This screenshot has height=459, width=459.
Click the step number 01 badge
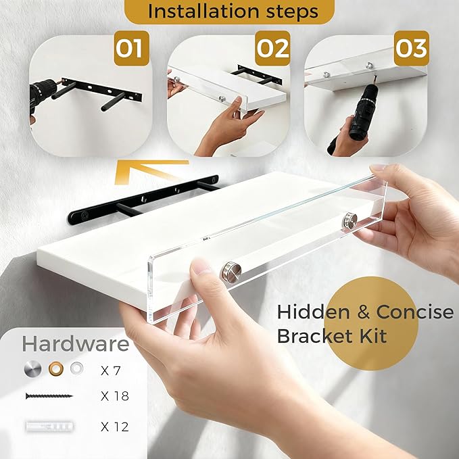click(131, 48)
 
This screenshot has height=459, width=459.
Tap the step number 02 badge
click(272, 48)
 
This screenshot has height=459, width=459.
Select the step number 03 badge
click(411, 48)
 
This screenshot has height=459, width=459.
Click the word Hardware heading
click(76, 343)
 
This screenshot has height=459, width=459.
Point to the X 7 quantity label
click(111, 371)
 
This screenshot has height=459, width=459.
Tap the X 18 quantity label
click(114, 396)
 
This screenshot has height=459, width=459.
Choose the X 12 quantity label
click(114, 427)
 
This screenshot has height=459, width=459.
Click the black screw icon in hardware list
click(49, 396)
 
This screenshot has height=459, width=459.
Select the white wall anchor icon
click(49, 426)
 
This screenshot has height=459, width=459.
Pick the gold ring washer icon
click(56, 368)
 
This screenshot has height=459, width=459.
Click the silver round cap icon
click(32, 369)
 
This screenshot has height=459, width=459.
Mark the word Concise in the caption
click(415, 312)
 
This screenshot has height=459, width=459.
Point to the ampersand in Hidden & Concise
click(363, 312)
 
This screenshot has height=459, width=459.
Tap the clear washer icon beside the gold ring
click(76, 368)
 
